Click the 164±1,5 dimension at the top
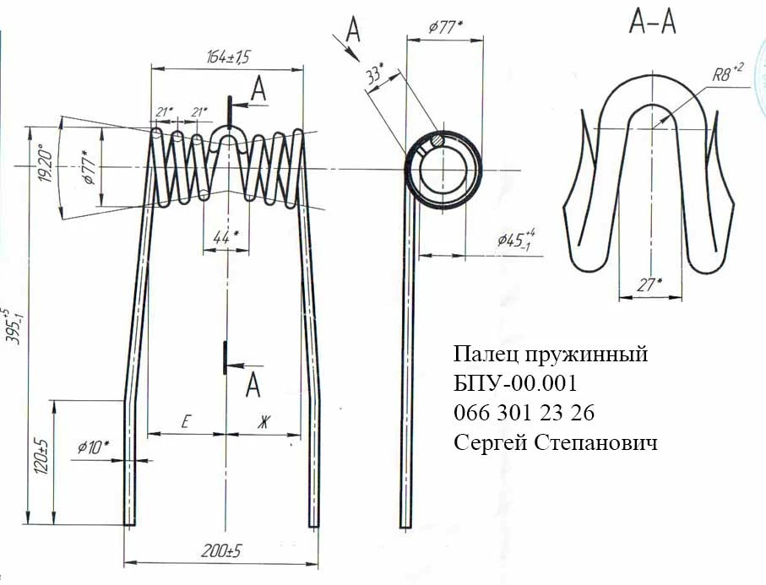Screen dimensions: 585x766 [229, 57]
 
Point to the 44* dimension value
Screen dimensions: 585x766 [224, 239]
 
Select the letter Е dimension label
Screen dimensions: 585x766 [184, 423]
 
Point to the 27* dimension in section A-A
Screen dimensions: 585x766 [649, 285]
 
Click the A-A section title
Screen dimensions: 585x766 [652, 24]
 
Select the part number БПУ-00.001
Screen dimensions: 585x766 [514, 383]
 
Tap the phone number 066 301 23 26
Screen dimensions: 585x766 [524, 413]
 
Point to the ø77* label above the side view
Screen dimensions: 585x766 [445, 26]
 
